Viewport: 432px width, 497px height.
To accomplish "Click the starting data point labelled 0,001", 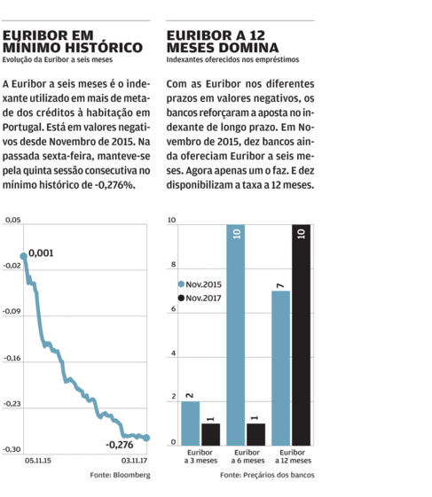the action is (23, 256).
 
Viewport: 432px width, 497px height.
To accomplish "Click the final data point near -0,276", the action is (146, 438).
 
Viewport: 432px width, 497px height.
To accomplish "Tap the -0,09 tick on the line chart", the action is (12, 311).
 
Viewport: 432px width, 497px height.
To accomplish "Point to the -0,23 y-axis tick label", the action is (12, 404).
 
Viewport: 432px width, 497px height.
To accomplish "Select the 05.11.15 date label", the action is (38, 461).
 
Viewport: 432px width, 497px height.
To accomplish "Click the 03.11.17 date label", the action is (134, 461).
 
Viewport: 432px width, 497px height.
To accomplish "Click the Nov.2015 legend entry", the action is (200, 284).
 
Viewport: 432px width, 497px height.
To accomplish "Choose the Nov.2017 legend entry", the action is (200, 298).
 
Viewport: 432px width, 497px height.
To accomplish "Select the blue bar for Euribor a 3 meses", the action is (191, 423).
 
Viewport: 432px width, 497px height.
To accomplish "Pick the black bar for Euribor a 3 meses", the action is (211, 435).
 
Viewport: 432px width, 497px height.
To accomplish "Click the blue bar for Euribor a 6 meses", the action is (236, 335).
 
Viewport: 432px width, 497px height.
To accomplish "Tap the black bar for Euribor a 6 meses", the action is (255, 435).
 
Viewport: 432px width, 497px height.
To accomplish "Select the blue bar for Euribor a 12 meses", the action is (281, 369).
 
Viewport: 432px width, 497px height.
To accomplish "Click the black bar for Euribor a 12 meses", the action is (302, 335).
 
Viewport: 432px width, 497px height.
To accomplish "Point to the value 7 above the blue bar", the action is (280, 286).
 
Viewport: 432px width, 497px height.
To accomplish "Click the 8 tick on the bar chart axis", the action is (173, 264).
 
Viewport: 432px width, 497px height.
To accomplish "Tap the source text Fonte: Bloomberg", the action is (120, 475).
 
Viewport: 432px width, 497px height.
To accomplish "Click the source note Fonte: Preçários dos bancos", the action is (267, 475).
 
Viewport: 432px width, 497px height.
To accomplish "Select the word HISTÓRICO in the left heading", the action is (104, 48).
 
